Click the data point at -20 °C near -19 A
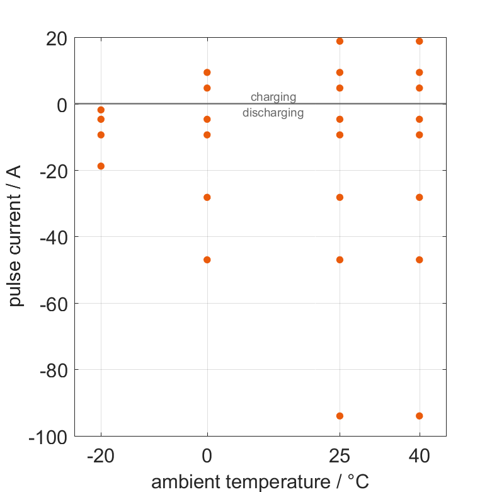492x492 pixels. pos(101,166)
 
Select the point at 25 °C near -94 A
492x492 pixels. pos(340,416)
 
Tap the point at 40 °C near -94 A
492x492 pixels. pos(420,416)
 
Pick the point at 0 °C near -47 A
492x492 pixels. pos(207,260)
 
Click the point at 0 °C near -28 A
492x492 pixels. pos(207,197)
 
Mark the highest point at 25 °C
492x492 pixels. pos(340,41)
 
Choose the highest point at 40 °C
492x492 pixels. pos(420,41)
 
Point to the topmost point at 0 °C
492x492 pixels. pos(207,72)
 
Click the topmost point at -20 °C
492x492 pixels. pos(101,110)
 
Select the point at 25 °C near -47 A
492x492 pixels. pos(340,260)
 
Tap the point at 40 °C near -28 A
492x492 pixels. pos(420,197)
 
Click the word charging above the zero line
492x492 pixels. pos(273,97)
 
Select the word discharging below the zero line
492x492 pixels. pos(273,113)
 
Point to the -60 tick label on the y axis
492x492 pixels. pos(54,304)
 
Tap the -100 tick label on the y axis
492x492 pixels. pos(49,437)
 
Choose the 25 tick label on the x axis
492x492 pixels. pos(340,456)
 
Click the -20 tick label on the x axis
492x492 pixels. pos(100,456)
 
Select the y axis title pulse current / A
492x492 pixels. pos(16,236)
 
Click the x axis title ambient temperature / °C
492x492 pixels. pos(260,482)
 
